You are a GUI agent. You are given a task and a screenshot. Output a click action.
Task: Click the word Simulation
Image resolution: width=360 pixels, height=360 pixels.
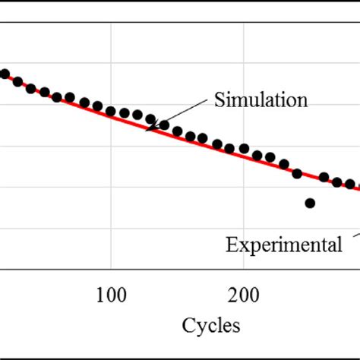tap(261, 100)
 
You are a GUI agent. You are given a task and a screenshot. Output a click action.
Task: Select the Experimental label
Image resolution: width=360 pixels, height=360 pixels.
tap(283, 245)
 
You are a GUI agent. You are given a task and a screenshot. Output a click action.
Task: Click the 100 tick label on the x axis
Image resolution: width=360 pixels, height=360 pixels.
tap(112, 294)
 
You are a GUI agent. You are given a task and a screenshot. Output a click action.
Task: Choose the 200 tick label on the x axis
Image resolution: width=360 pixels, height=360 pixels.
tap(242, 294)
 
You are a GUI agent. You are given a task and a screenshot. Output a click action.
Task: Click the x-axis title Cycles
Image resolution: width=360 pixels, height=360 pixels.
tap(211, 326)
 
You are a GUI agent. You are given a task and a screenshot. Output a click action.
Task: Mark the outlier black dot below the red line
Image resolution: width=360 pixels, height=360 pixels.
tap(310, 203)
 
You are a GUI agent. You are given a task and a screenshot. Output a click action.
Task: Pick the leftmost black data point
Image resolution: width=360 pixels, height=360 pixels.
tap(5, 74)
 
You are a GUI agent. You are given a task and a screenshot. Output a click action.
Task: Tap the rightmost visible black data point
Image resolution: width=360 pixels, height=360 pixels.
tap(350, 184)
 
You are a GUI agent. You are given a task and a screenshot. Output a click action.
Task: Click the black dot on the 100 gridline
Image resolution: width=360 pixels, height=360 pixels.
tap(112, 112)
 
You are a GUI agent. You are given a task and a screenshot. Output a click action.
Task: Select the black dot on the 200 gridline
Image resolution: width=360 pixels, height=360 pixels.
tap(243, 148)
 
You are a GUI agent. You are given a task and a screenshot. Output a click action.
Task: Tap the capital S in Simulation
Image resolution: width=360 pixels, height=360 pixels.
tap(219, 100)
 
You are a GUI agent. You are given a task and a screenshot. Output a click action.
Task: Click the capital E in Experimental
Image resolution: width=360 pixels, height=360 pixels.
tap(229, 245)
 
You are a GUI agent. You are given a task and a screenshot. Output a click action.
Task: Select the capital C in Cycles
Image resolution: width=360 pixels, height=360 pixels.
tap(188, 326)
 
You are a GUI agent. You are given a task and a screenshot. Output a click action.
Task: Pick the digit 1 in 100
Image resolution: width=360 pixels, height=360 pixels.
tap(101, 294)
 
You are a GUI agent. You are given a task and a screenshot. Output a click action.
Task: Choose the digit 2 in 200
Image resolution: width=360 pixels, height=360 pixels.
tap(232, 294)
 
